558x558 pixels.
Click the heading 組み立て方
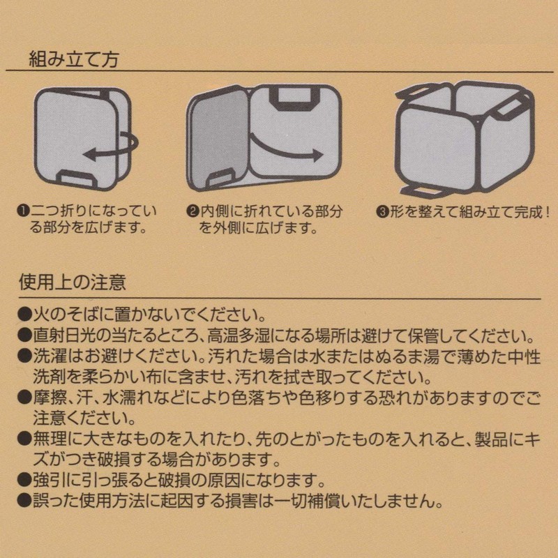pyautogui.click(x=73, y=59)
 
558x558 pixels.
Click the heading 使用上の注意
pyautogui.click(x=73, y=282)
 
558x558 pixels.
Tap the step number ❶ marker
pyautogui.click(x=24, y=211)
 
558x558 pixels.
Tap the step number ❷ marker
pyautogui.click(x=193, y=212)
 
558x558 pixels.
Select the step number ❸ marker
pyautogui.click(x=382, y=212)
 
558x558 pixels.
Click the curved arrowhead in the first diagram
pyautogui.click(x=89, y=154)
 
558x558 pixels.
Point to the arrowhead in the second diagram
pyautogui.click(x=316, y=156)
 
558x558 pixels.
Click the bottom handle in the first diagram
pyautogui.click(x=77, y=179)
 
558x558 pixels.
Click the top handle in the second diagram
pyautogui.click(x=294, y=96)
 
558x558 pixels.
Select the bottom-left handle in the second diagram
pyautogui.click(x=217, y=178)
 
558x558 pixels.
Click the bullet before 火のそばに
pyautogui.click(x=24, y=315)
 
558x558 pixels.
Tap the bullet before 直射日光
pyautogui.click(x=24, y=335)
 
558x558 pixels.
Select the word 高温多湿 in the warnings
pyautogui.click(x=234, y=335)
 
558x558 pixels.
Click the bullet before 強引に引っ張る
pyautogui.click(x=24, y=481)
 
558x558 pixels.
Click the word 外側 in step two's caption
pyautogui.click(x=227, y=228)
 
